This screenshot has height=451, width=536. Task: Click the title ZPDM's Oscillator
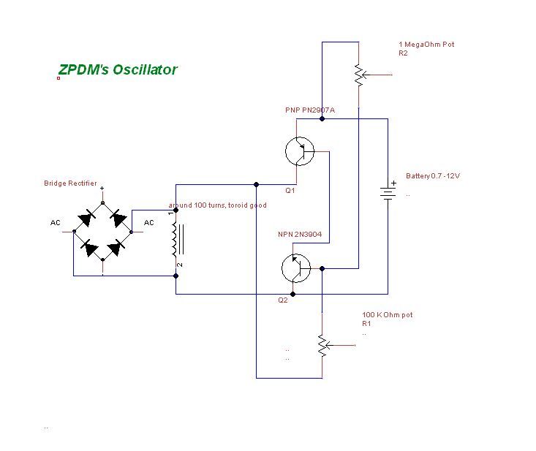[x=118, y=69]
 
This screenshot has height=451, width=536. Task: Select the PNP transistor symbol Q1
[x=300, y=151]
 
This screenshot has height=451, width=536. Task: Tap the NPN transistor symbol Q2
[x=296, y=268]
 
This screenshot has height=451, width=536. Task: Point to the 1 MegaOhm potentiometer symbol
[x=359, y=75]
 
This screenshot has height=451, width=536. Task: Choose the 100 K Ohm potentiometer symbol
[x=322, y=346]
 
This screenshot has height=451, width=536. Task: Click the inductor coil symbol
[x=177, y=239]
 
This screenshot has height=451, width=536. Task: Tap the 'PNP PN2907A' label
[x=310, y=110]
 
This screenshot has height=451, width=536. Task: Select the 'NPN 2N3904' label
[x=300, y=235]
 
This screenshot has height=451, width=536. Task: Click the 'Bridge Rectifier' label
[x=70, y=183]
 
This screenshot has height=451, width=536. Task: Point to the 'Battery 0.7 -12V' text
[x=433, y=176]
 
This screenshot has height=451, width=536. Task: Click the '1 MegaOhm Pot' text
[x=426, y=44]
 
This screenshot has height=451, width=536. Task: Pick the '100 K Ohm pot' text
[x=388, y=314]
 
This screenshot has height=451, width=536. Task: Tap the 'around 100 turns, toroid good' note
[x=217, y=205]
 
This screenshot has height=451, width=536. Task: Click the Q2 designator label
[x=283, y=300]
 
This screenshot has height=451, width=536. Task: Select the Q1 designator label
[x=290, y=191]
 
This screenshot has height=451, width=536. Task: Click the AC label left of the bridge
[x=55, y=223]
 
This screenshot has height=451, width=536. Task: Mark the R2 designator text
[x=403, y=53]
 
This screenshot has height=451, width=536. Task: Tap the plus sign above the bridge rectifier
[x=102, y=189]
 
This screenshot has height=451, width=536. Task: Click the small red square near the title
[x=58, y=78]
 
